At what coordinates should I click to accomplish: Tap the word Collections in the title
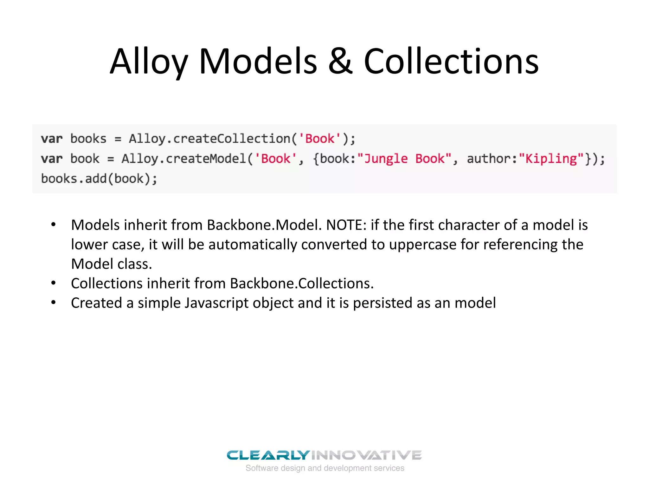point(451,61)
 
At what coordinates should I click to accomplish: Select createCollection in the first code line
point(232,139)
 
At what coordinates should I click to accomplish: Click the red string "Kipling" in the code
point(551,159)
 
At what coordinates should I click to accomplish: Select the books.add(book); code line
point(99,179)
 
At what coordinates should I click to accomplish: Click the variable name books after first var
point(88,139)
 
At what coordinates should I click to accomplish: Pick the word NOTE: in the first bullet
point(346,225)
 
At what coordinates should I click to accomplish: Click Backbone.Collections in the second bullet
point(301,283)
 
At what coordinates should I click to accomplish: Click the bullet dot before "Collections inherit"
point(53,283)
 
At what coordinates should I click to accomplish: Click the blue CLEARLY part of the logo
point(268,455)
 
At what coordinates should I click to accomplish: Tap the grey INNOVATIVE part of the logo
point(366,455)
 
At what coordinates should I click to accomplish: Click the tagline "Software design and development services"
point(325,468)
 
